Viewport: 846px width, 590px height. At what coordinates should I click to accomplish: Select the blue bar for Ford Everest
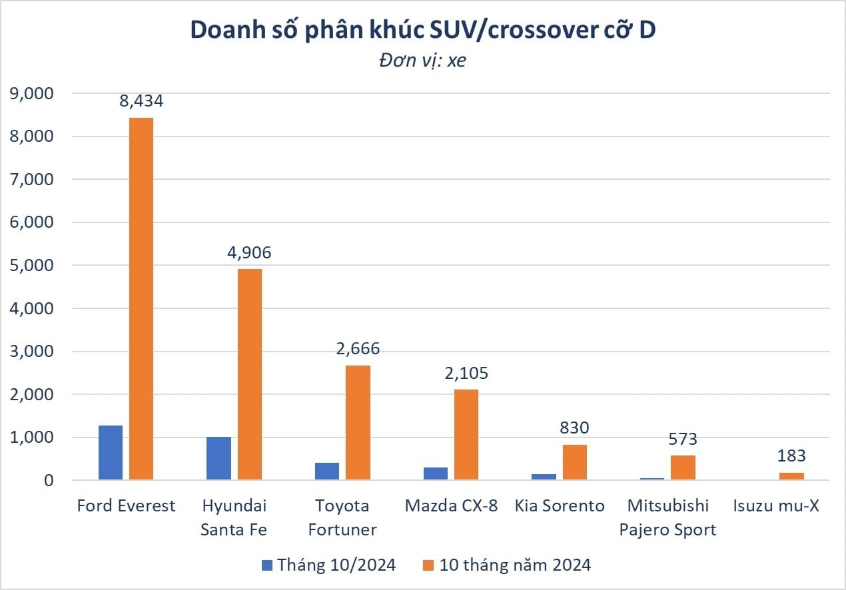click(110, 453)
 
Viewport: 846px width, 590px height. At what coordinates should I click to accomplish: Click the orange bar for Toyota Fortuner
click(358, 422)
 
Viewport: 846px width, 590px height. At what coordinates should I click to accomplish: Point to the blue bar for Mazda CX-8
click(436, 473)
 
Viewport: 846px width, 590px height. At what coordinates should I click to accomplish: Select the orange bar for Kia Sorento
click(575, 462)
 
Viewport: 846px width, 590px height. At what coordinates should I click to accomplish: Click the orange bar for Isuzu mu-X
click(791, 476)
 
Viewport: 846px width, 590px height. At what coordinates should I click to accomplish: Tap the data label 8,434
click(141, 101)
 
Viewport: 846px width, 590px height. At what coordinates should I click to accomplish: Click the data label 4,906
click(250, 253)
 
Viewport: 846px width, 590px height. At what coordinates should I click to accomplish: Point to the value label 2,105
click(466, 373)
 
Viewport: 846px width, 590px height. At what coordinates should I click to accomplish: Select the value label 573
click(683, 440)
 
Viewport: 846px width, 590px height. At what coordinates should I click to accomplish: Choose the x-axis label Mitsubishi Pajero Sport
click(667, 517)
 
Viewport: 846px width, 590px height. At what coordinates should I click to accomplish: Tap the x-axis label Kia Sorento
click(560, 506)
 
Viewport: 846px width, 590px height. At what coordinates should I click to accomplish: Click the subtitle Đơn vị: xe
click(422, 61)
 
